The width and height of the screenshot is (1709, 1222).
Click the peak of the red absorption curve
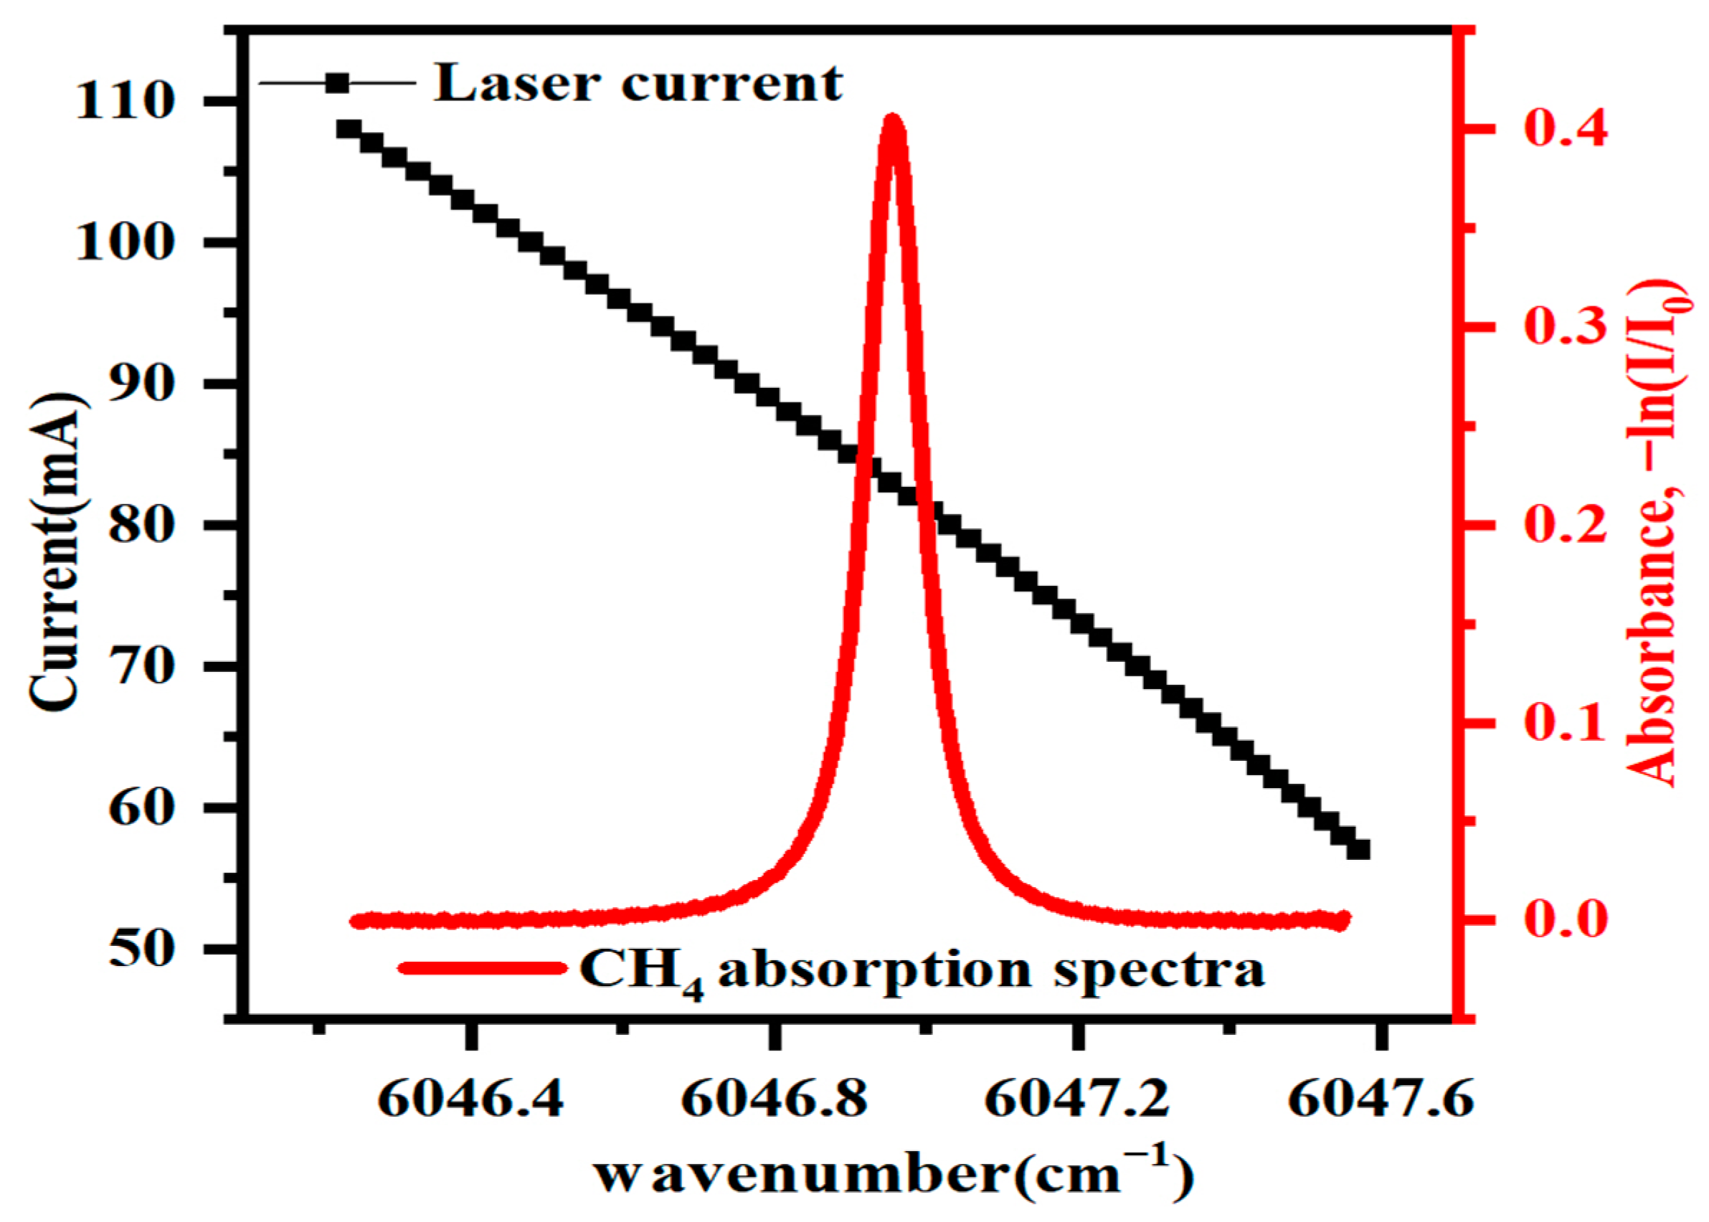892,120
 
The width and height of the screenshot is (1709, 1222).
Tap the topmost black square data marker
349,128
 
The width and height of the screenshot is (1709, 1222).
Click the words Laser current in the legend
638,82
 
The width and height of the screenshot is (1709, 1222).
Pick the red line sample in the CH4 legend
482,968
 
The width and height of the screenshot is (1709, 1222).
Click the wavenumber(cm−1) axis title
894,1175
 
